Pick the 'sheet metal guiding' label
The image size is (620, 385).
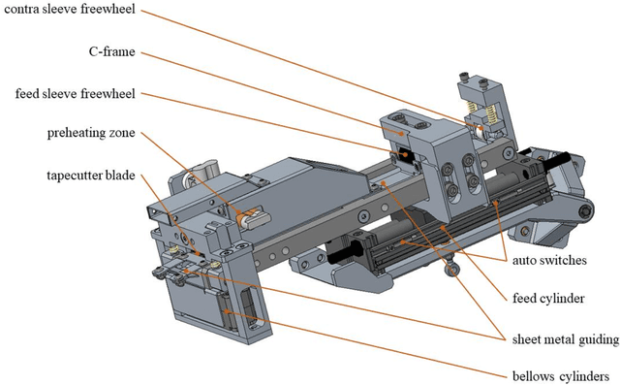coord(562,337)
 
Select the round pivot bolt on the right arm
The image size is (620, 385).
coord(586,212)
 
